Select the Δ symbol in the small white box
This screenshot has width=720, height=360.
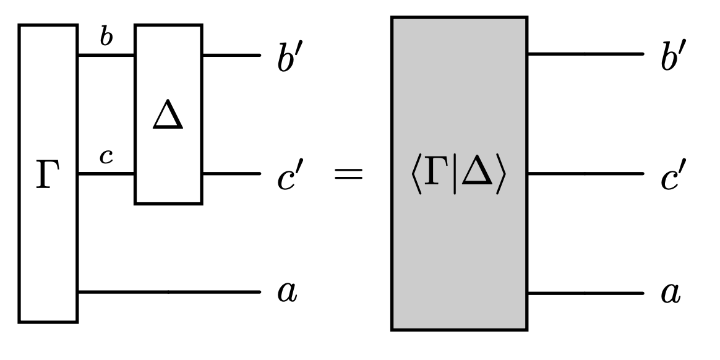pos(168,118)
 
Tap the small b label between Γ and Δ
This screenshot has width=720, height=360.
pos(106,38)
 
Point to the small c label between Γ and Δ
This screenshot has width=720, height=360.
pos(106,158)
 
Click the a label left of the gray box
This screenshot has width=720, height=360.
pos(286,292)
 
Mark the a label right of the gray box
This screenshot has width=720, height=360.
pos(669,292)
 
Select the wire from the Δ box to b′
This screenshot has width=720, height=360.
pos(231,55)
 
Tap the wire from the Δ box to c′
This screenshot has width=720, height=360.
pos(231,174)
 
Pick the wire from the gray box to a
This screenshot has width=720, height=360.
pos(585,292)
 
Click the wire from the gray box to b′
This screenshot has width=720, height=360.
pos(585,54)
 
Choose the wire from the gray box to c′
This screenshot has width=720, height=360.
pos(585,174)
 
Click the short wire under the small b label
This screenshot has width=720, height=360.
pos(106,55)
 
